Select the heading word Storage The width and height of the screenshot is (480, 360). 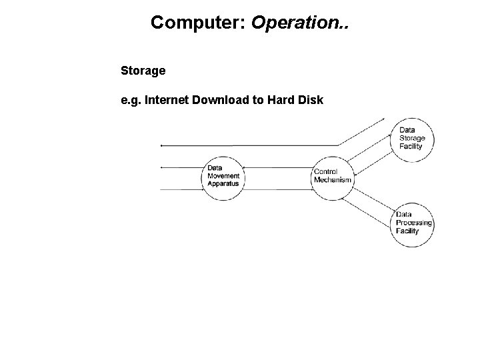[x=143, y=70]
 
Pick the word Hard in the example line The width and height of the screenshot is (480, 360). [x=270, y=101]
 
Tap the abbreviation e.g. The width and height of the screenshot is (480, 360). [x=130, y=101]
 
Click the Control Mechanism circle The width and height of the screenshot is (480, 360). [x=332, y=176]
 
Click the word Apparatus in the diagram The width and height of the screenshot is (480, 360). [x=223, y=184]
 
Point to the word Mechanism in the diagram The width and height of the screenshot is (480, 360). [x=333, y=180]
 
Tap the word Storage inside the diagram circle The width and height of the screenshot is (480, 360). [x=412, y=138]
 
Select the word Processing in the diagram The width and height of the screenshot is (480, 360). [x=414, y=223]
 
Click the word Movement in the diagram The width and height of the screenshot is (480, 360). [x=223, y=176]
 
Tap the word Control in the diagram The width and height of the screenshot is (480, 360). [x=325, y=172]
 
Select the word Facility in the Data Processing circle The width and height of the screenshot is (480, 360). [x=407, y=231]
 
